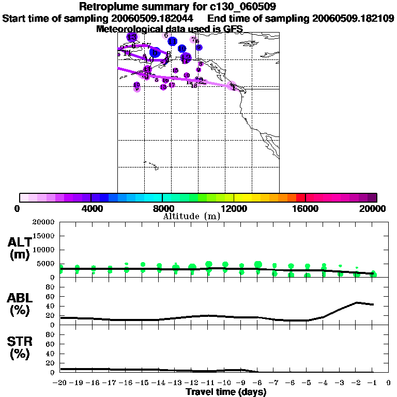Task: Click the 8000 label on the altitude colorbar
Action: [x=162, y=209]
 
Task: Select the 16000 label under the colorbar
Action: [x=306, y=209]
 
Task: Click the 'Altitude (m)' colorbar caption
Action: [x=191, y=216]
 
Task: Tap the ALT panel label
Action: [x=20, y=242]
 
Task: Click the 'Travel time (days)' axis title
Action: [x=226, y=392]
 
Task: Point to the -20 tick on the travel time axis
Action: [x=60, y=383]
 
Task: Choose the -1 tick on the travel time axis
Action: [x=373, y=383]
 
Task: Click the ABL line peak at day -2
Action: [x=357, y=302]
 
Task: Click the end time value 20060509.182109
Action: [x=353, y=19]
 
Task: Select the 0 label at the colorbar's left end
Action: [x=19, y=209]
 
